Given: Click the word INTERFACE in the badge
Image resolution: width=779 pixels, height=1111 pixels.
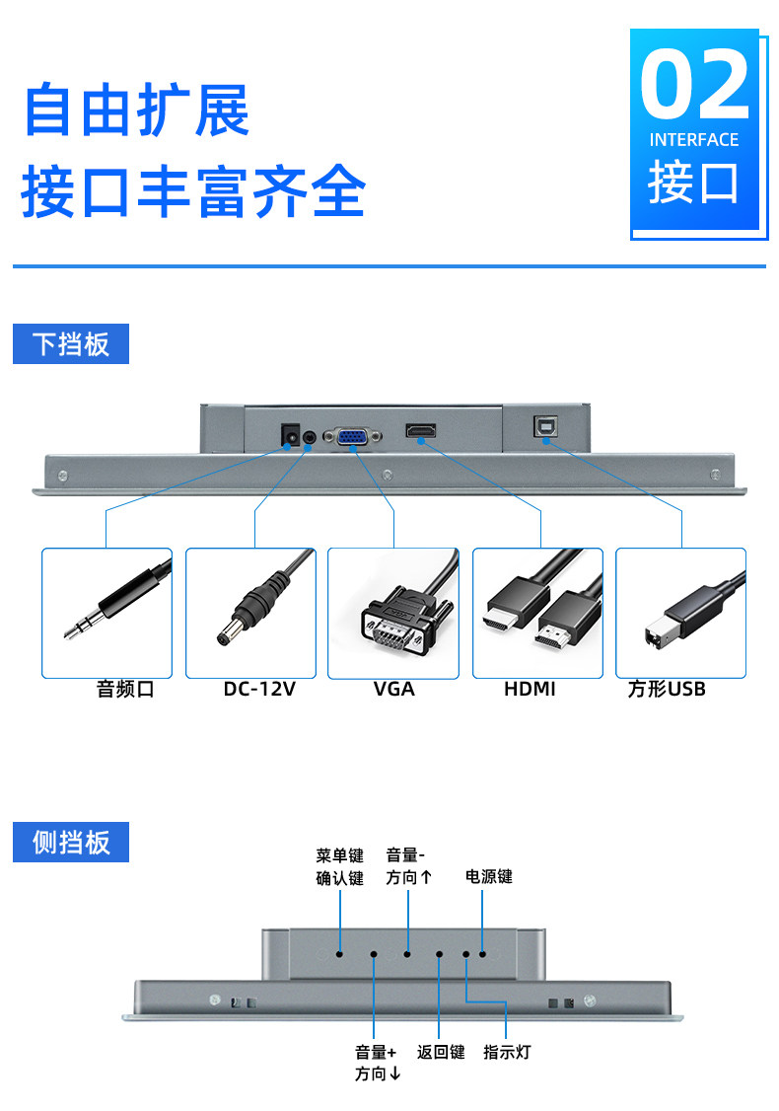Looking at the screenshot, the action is pyautogui.click(x=694, y=140).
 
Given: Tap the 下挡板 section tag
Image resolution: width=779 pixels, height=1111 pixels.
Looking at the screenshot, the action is pyautogui.click(x=71, y=344).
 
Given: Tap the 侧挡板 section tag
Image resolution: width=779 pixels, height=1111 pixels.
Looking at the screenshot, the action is pyautogui.click(x=71, y=842).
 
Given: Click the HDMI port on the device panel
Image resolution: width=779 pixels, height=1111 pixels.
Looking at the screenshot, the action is pyautogui.click(x=421, y=432).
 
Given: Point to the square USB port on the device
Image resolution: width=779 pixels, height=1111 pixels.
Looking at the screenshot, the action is pyautogui.click(x=543, y=427).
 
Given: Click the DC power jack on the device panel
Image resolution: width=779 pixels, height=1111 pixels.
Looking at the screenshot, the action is pyautogui.click(x=291, y=434).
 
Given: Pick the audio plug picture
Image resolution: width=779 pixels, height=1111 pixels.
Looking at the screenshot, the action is pyautogui.click(x=106, y=613).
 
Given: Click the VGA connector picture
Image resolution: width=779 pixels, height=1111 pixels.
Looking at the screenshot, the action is pyautogui.click(x=393, y=613).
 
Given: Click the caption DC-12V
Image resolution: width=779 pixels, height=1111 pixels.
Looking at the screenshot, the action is pyautogui.click(x=259, y=689).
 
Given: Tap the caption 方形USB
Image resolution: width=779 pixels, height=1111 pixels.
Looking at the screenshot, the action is pyautogui.click(x=667, y=689).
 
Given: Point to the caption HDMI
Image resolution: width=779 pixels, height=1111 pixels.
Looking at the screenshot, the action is pyautogui.click(x=530, y=689).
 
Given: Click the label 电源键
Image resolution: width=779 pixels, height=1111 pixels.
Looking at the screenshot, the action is pyautogui.click(x=489, y=876).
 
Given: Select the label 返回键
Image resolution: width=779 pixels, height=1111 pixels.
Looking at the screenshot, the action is pyautogui.click(x=440, y=1052).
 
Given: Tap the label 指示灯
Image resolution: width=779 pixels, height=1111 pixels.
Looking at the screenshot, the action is pyautogui.click(x=507, y=1052).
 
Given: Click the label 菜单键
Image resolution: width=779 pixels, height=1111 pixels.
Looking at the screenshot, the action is pyautogui.click(x=340, y=855).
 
